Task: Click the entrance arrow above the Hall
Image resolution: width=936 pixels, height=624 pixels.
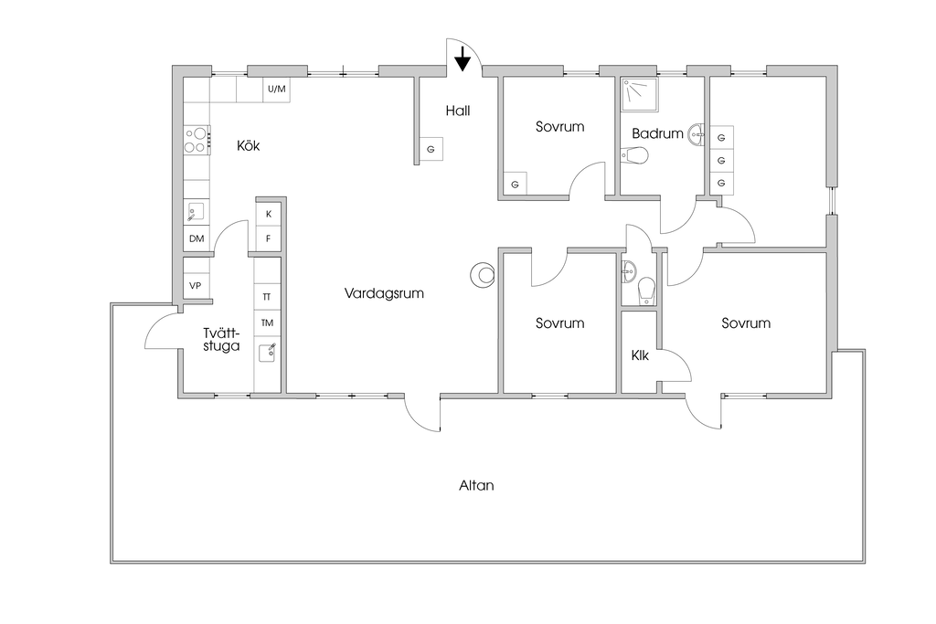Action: point(463,58)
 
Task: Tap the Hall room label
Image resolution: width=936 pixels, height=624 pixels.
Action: point(458,111)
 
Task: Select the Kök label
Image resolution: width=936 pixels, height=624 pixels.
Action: point(249,145)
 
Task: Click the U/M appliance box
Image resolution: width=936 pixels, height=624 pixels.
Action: point(276,90)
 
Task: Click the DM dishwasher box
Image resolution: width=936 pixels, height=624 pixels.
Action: point(197,238)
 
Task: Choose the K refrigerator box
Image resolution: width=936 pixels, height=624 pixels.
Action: point(269,214)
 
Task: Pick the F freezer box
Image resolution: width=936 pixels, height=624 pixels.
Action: point(269,238)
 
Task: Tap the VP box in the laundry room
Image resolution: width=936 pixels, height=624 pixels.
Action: point(196,285)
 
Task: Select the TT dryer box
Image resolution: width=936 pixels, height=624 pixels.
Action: point(267,297)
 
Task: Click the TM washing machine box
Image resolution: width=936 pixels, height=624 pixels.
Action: point(267,323)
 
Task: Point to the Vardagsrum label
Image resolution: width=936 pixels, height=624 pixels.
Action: point(384,293)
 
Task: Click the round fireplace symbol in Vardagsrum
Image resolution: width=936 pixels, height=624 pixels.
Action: point(482,275)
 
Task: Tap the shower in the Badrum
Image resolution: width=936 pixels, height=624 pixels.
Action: point(639,94)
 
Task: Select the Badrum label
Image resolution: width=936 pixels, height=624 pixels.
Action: point(657,133)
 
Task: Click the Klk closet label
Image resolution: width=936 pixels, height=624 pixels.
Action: point(640,355)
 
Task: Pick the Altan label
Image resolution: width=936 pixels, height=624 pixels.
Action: point(476,486)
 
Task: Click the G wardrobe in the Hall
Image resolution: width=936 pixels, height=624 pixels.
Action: point(431,149)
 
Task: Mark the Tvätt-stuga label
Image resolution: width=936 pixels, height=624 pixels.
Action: point(221,340)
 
